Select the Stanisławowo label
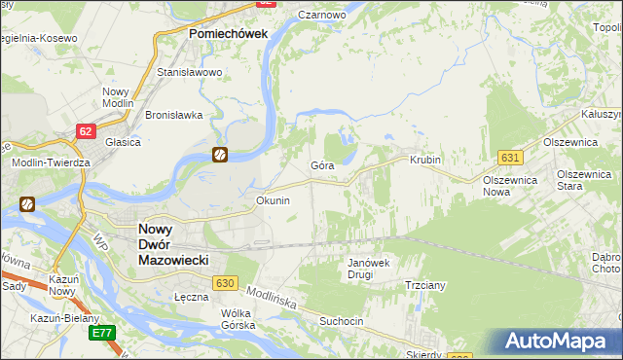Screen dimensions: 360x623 (x=190, y=72)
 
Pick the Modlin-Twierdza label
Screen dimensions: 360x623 (x=51, y=162)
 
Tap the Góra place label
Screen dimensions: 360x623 (x=322, y=165)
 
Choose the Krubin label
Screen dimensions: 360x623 (x=425, y=160)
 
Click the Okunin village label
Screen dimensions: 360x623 (x=273, y=200)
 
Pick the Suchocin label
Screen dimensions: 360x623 (x=341, y=319)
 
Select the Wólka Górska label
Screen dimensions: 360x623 (x=238, y=319)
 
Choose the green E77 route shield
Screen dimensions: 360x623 (x=102, y=333)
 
